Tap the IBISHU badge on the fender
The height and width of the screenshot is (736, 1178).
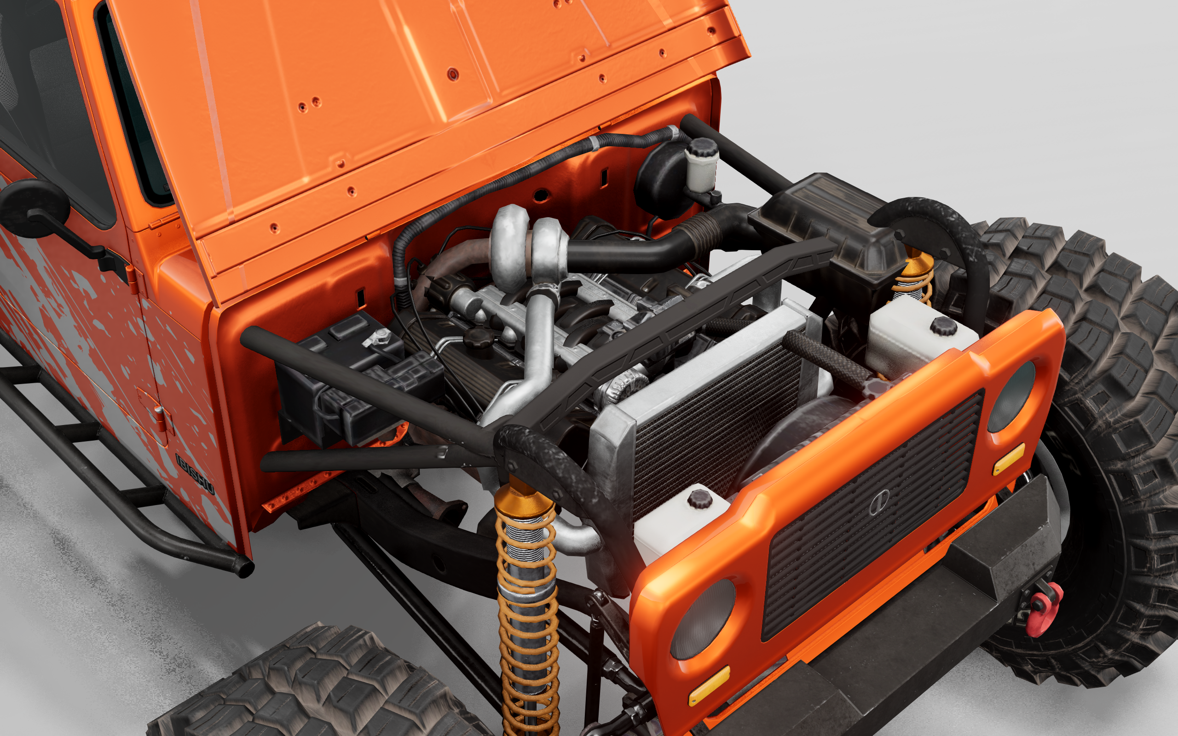(x=195, y=475)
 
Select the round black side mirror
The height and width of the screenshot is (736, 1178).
(x=34, y=204)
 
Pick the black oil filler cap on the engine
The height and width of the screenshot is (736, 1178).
(x=479, y=337)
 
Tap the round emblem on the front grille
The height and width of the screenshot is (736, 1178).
(x=879, y=501)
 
